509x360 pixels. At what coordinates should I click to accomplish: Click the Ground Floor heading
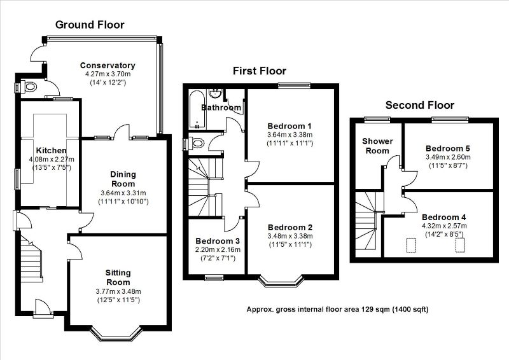89,25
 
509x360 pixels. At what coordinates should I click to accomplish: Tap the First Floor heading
259,71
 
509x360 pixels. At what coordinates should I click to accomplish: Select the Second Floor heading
420,106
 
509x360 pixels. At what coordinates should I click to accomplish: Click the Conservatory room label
108,65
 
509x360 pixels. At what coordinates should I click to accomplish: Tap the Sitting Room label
118,277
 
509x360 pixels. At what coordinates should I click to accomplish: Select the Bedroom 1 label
289,125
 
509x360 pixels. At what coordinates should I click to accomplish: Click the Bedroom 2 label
289,227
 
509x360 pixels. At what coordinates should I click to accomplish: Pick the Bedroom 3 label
217,241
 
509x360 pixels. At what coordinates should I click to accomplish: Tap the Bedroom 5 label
447,148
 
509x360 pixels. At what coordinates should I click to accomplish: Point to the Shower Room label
377,146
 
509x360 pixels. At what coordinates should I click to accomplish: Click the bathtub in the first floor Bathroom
194,111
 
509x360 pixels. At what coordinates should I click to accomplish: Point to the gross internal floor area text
337,310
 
